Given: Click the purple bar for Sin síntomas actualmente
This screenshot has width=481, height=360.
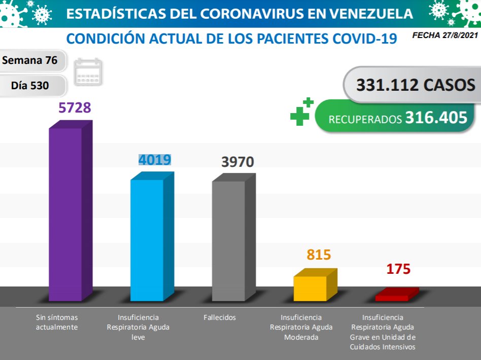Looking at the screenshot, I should click(65, 213).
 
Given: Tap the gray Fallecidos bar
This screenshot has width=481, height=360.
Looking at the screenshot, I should click(228, 240).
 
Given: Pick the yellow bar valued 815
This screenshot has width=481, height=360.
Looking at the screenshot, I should click(310, 288).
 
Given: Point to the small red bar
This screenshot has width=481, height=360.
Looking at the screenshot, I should click(392, 297).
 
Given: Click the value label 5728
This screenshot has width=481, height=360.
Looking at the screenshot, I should click(75, 107).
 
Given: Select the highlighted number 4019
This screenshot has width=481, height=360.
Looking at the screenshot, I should click(155, 160).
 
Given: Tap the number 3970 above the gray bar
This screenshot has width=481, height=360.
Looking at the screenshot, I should click(237, 162).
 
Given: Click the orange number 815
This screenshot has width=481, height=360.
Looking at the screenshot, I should click(319, 255).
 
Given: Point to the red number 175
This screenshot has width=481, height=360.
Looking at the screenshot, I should click(398, 269).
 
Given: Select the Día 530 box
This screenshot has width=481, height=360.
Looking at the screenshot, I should click(30, 86).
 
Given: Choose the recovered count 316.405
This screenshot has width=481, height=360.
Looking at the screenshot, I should click(436, 118).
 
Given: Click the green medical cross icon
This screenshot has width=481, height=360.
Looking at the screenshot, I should click(301, 111).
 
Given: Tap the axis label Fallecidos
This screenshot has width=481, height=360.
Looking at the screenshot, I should click(220, 317).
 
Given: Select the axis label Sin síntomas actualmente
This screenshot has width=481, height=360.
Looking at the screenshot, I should click(57, 322).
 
